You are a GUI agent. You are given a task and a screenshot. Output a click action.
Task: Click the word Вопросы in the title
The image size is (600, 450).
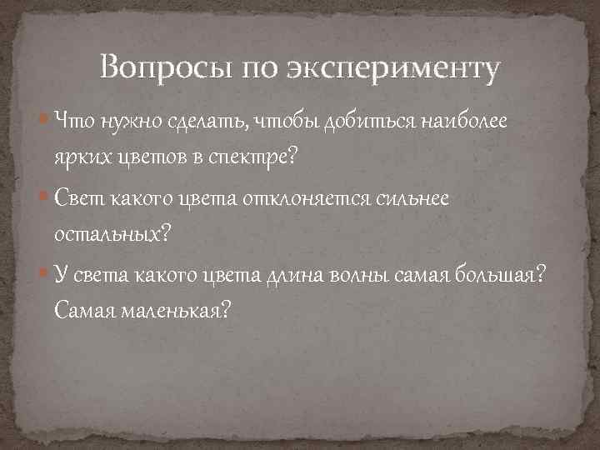point(167,67)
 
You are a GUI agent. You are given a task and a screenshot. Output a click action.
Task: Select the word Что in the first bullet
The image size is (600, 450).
point(75,122)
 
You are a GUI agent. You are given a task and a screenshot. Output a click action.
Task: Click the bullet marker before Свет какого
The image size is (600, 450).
point(44,198)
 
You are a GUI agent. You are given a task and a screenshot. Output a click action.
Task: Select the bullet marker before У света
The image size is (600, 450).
point(44,273)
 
